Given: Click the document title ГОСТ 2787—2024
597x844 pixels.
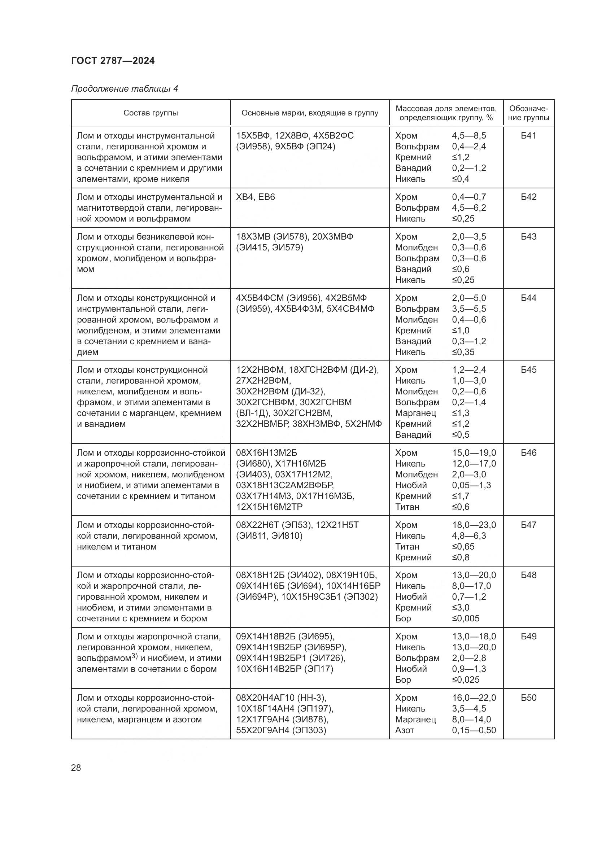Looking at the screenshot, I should coord(113,61).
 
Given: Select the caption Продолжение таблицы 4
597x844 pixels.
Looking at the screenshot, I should coord(124,89).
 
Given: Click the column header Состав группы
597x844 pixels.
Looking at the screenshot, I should coord(151,113).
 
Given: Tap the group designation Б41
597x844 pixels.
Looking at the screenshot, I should coord(528,136).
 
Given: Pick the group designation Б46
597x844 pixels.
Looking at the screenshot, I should coord(528,453).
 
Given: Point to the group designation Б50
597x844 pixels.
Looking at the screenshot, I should coord(528,698).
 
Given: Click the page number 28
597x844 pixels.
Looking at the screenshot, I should coord(76,768).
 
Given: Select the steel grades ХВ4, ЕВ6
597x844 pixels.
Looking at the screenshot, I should coord(256,197).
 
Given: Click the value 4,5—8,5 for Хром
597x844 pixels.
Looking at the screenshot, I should coord(469,136).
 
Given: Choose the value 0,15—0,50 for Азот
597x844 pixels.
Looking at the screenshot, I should coord(474,730).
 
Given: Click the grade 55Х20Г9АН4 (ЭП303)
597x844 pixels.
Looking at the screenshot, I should coord(281,730).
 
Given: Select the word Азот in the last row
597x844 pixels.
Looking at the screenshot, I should coord(404,730).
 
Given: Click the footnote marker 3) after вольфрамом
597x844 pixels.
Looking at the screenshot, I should coord(134,656).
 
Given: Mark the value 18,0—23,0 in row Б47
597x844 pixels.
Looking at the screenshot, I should coord(474,525).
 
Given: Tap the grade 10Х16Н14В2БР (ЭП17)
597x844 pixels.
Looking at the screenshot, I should coord(284,669).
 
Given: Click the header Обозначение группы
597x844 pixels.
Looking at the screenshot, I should coord(528,113).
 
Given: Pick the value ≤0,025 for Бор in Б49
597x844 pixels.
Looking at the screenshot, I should coord(465,680).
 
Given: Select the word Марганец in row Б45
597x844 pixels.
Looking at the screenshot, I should coord(415,413).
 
